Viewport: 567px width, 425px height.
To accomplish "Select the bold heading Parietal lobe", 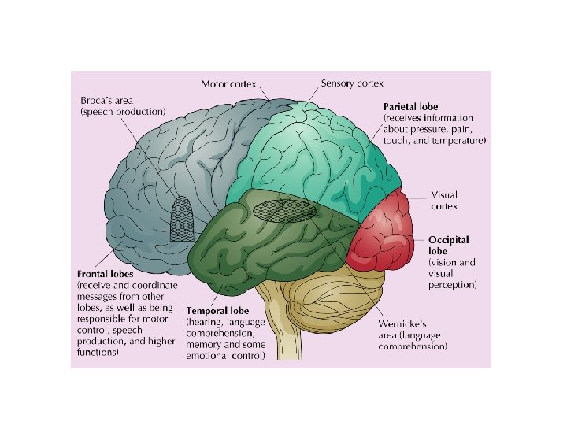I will tap(410, 107).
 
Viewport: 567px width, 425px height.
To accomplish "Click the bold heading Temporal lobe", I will tap(217, 311).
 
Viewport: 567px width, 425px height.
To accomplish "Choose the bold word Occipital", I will tap(448, 238).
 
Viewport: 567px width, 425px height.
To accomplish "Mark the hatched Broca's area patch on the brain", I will tap(183, 219).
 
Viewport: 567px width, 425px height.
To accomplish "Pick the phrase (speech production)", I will tap(123, 113).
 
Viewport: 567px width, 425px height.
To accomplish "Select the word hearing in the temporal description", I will tap(208, 322).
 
